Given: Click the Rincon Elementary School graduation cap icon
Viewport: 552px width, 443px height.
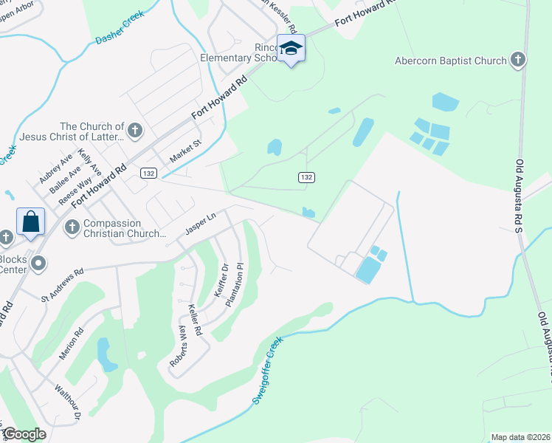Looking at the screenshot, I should pyautogui.click(x=291, y=49).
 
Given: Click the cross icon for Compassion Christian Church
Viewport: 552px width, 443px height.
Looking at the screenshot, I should pyautogui.click(x=72, y=225).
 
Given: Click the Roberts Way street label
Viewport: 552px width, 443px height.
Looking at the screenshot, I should pyautogui.click(x=178, y=344).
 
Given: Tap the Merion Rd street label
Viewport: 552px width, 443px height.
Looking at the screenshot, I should pyautogui.click(x=71, y=345).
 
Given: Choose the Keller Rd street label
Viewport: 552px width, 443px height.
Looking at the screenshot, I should pyautogui.click(x=194, y=321).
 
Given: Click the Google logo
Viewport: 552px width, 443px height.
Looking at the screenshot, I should pyautogui.click(x=25, y=434).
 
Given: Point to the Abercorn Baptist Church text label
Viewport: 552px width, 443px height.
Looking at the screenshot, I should pyautogui.click(x=450, y=61).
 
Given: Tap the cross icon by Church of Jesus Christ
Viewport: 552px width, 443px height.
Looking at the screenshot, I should pyautogui.click(x=134, y=131).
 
